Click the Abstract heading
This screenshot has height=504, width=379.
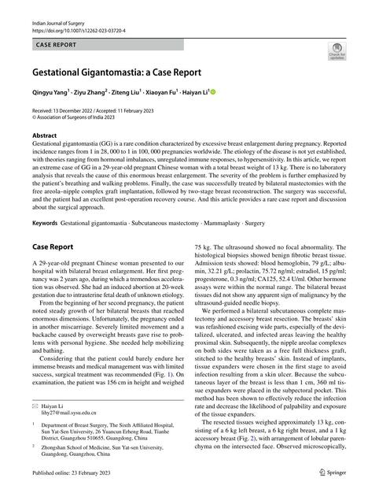[44, 135]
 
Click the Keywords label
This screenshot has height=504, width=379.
[44, 224]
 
